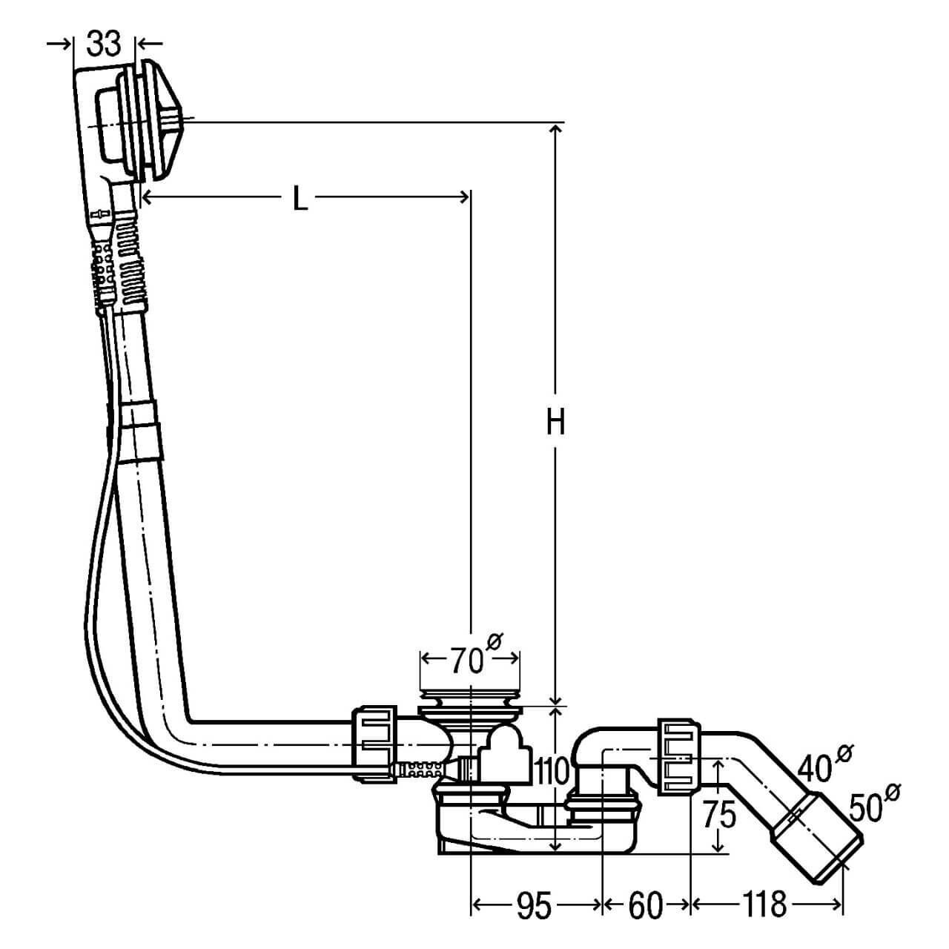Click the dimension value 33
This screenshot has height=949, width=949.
point(103,44)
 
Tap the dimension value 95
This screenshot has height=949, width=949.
point(535,905)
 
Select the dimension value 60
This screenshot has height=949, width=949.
point(644,905)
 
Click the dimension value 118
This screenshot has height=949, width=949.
point(764,905)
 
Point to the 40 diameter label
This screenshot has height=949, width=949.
point(819,767)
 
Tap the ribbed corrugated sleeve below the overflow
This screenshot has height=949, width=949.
point(122,259)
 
